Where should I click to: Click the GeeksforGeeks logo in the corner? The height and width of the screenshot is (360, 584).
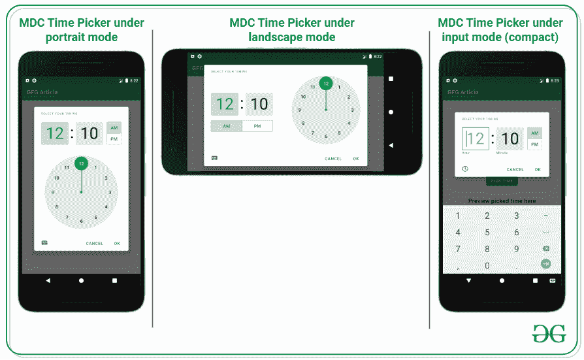pos(548,333)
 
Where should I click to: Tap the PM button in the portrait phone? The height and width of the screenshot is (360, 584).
pos(114,139)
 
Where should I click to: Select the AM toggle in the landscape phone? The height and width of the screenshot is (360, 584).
pos(226,126)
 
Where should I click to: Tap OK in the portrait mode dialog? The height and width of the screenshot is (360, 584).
pos(117,243)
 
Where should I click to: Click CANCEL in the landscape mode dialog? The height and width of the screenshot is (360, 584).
pos(333,158)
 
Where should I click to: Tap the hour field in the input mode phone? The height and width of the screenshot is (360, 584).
pos(475,139)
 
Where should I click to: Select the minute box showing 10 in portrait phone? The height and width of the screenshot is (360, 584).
pos(89,134)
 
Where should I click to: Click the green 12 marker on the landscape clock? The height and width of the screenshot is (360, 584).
pos(326,84)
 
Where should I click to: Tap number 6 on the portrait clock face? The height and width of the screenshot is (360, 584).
pos(81,221)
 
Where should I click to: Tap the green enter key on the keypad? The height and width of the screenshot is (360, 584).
pos(545,264)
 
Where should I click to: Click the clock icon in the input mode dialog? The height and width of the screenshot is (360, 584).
pos(465,169)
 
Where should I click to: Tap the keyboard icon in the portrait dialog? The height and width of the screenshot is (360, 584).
pos(44,242)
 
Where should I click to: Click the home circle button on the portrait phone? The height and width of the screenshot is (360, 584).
pos(81,280)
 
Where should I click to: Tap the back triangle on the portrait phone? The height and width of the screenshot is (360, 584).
pos(48,280)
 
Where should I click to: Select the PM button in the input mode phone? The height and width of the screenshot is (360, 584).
pos(534,144)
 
